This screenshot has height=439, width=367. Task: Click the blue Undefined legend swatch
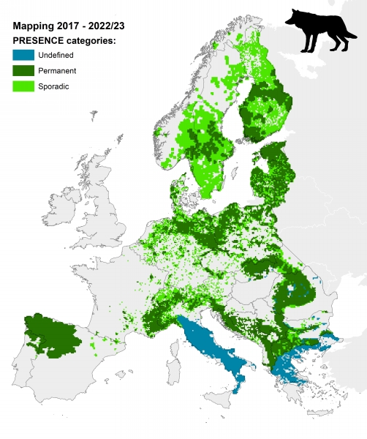pos(24,56)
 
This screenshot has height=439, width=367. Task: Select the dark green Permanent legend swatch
pos(24,71)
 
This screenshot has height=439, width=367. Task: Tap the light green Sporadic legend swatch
pos(24,86)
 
